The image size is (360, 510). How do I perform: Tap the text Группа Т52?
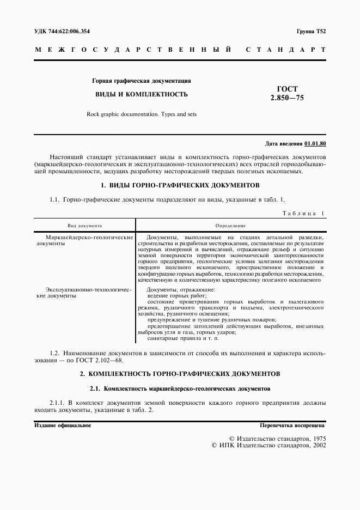point(311,32)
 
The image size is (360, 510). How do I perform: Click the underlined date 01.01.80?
point(315,143)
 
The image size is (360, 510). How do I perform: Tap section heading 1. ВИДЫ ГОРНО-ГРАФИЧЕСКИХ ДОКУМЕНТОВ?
point(179,185)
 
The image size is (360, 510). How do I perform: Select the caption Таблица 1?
point(303,214)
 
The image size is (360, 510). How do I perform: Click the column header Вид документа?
point(84,226)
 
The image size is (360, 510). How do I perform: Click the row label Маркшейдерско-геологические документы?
point(84,241)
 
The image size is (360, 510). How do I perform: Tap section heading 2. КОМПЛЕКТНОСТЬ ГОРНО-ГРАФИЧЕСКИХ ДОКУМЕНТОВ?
point(180,374)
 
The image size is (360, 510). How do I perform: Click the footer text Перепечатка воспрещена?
point(292,425)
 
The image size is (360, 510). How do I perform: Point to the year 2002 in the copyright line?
point(316,445)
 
